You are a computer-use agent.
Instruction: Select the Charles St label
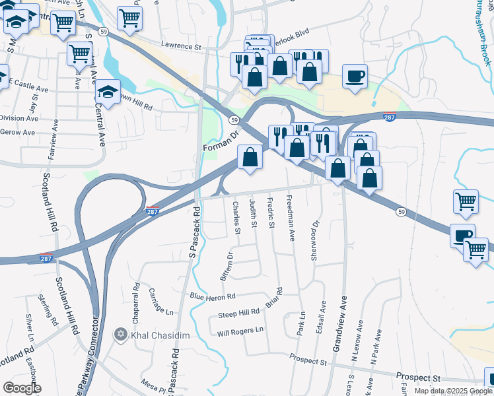point(236,218)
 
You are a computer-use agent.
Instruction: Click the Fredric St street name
point(271,213)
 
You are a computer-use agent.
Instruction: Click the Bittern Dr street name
point(230,264)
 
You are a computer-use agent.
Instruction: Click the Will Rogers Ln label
point(240,330)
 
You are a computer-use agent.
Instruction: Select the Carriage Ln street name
point(160,300)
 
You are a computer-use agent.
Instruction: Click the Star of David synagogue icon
point(120,335)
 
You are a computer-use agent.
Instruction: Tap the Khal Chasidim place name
point(160,335)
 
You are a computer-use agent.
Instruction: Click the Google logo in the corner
point(22,388)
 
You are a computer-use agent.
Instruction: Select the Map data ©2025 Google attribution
point(453,391)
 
